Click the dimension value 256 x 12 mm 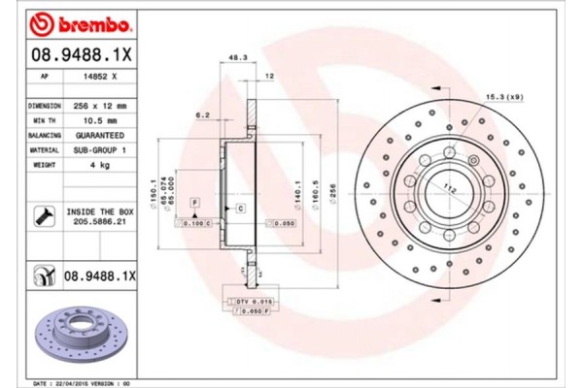[x=100, y=105]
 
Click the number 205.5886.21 [x=100, y=221]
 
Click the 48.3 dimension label [x=234, y=58]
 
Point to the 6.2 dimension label [x=203, y=115]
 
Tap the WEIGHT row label [x=45, y=165]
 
